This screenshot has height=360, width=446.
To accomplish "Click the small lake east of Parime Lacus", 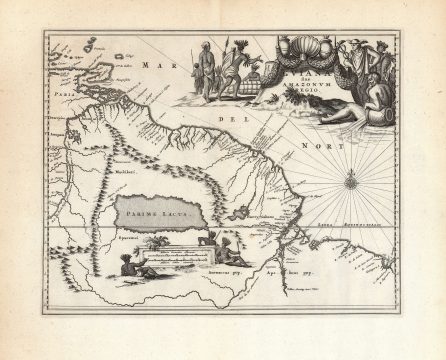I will (x=240, y=212).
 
